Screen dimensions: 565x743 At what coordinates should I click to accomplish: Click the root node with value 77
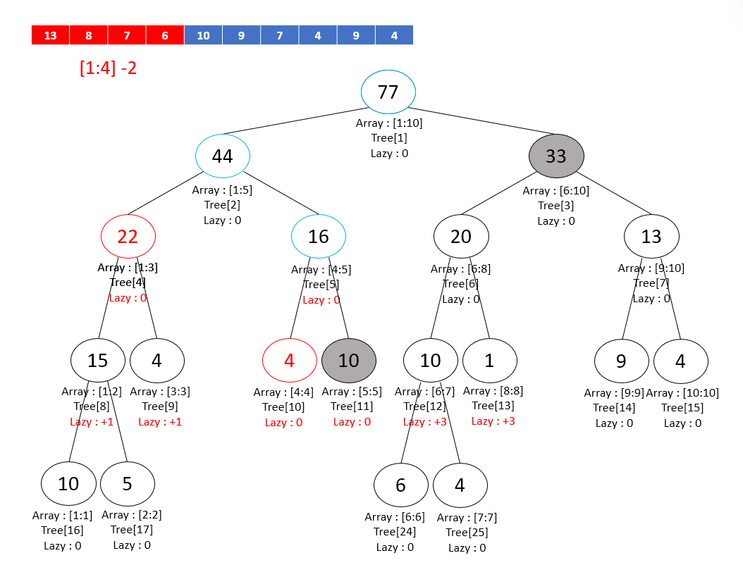click(388, 92)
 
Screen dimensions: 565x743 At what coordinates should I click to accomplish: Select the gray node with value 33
click(556, 156)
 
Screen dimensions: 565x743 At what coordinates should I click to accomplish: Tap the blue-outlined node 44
click(223, 156)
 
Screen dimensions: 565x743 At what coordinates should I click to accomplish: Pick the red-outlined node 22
click(128, 237)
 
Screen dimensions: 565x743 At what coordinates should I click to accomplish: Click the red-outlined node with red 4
click(289, 361)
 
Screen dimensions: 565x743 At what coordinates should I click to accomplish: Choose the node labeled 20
click(460, 237)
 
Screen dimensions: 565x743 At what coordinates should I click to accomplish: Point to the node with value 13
click(651, 237)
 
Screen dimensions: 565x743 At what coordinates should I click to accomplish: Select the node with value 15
click(98, 361)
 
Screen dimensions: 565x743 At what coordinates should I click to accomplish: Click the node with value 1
click(489, 361)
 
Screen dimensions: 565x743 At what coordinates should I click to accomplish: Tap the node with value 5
click(128, 484)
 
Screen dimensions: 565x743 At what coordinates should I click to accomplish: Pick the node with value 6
click(400, 485)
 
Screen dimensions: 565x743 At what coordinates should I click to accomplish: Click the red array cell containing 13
click(51, 35)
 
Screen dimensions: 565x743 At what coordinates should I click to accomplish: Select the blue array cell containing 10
click(203, 35)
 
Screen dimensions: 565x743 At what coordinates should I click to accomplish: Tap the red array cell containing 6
click(165, 35)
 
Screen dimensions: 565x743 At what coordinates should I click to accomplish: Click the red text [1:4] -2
click(108, 68)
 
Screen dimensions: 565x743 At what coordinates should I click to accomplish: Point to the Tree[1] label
click(389, 138)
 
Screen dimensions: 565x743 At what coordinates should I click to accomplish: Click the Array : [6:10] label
click(555, 191)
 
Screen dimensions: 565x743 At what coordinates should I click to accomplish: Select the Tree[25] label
click(467, 533)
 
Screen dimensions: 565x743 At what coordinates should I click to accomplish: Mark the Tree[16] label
click(62, 530)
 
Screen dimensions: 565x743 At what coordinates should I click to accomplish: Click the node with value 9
click(621, 361)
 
